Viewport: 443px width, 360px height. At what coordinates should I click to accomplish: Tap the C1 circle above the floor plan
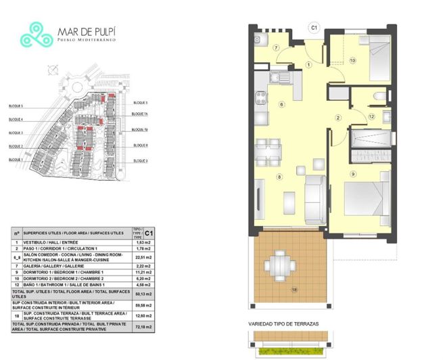tap(313, 28)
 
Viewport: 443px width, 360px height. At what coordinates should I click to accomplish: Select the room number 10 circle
tap(352, 60)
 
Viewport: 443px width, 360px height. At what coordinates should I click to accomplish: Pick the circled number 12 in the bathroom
tap(371, 116)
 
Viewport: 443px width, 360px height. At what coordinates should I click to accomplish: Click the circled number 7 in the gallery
tap(277, 47)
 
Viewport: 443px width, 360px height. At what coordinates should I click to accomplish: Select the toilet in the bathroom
tap(380, 99)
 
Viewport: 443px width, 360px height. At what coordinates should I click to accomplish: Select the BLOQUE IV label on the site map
tap(140, 129)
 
